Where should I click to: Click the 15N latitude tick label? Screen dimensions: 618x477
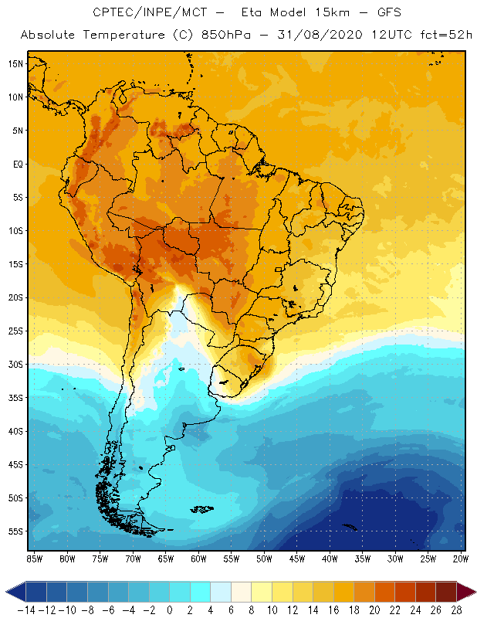pyautogui.click(x=15, y=63)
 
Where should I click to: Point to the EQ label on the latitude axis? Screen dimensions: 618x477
pyautogui.click(x=17, y=164)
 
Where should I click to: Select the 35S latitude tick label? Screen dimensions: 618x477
pyautogui.click(x=15, y=398)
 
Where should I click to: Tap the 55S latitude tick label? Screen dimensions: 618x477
pyautogui.click(x=15, y=531)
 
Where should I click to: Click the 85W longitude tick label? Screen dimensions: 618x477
pyautogui.click(x=34, y=559)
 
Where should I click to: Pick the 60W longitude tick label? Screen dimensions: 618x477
pyautogui.click(x=198, y=559)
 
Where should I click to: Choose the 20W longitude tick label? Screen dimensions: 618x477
pyautogui.click(x=460, y=559)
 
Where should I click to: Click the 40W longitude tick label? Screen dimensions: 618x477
pyautogui.click(x=330, y=559)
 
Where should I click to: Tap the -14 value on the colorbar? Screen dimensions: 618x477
pyautogui.click(x=25, y=610)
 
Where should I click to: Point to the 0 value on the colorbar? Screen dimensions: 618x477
pyautogui.click(x=169, y=610)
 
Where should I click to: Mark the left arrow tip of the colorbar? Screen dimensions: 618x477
pyautogui.click(x=6, y=592)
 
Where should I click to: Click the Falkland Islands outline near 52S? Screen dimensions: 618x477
pyautogui.click(x=201, y=508)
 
